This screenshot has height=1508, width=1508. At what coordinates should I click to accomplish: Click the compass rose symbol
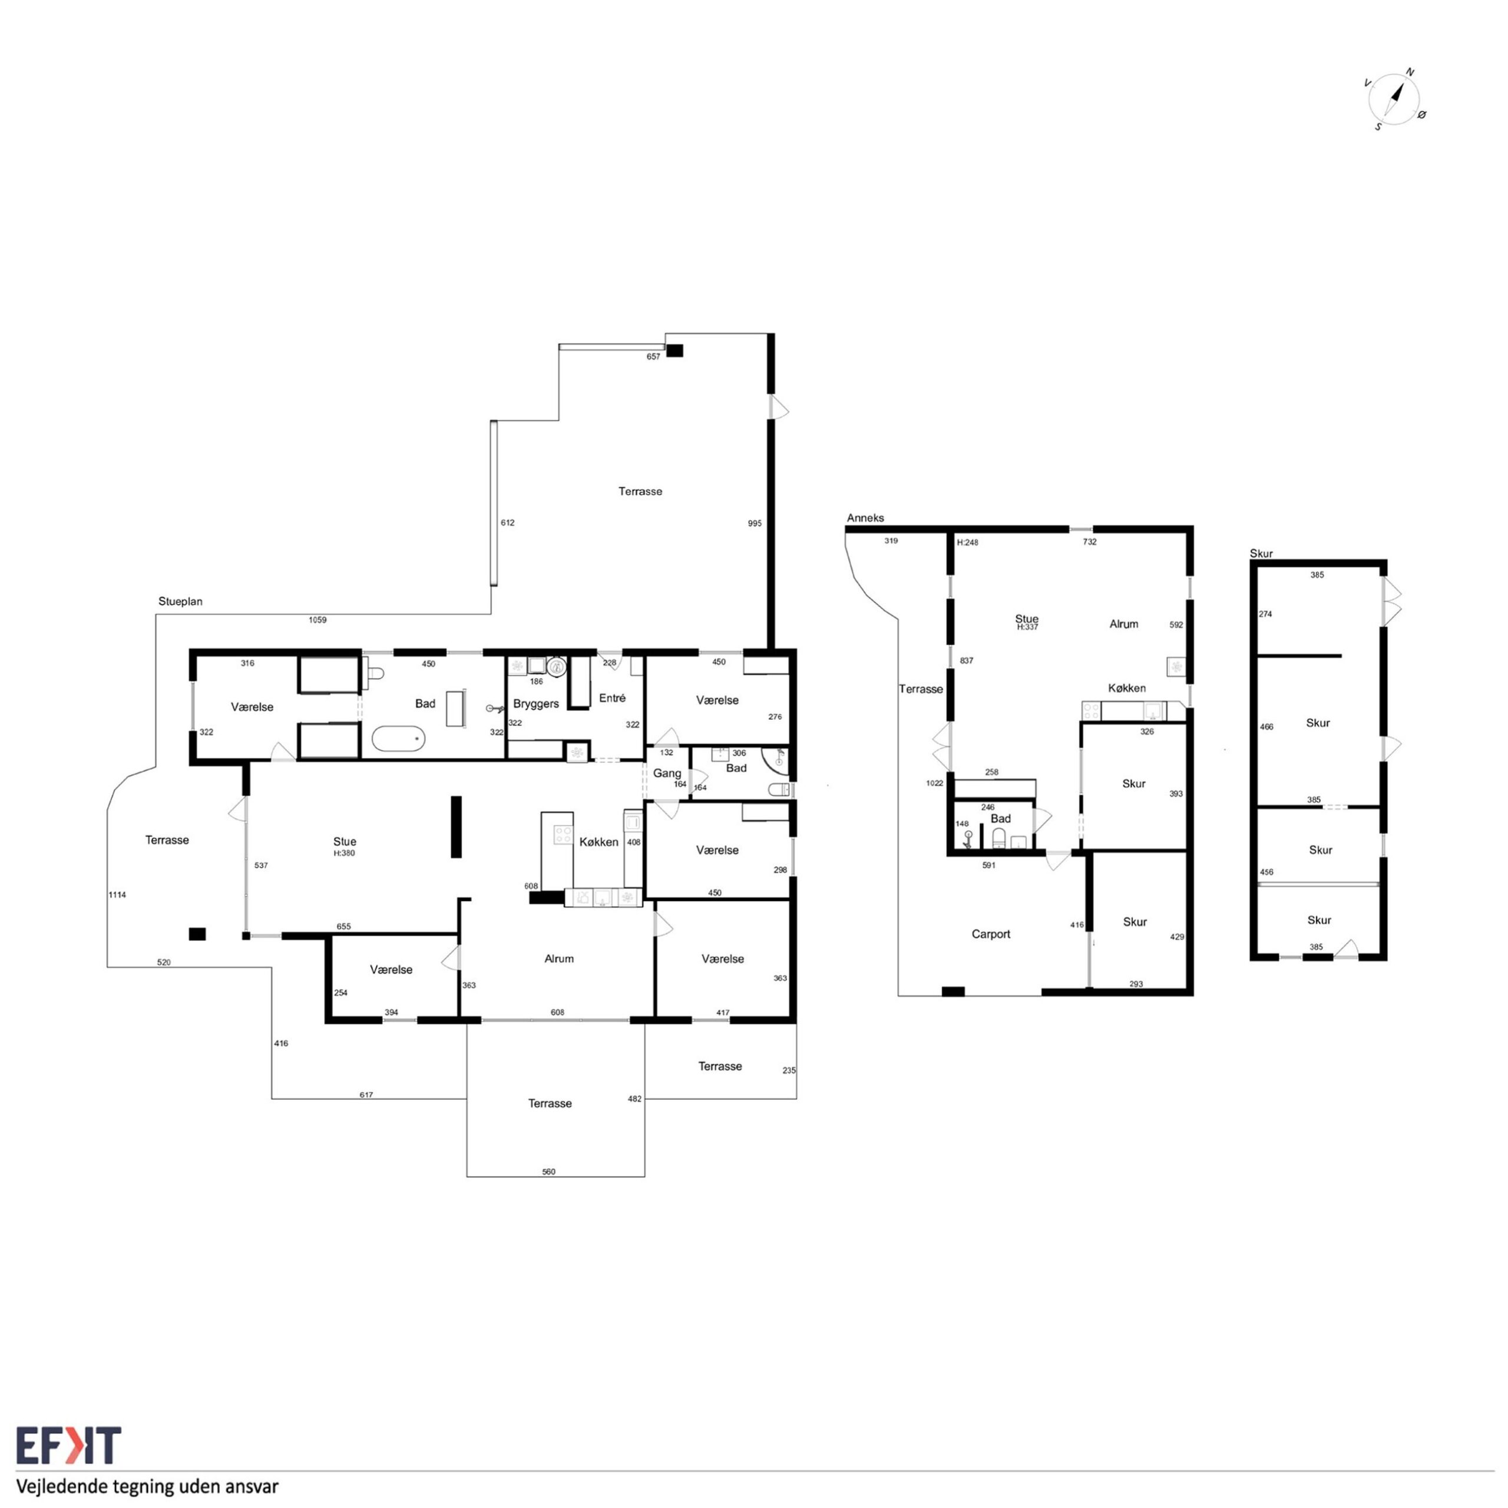tap(1395, 99)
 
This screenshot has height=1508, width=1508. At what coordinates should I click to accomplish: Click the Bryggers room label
tap(535, 703)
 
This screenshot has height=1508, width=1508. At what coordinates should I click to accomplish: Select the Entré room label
tap(612, 698)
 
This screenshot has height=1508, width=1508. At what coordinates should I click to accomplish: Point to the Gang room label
tap(667, 773)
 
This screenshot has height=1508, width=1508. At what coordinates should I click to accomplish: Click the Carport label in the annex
tap(990, 934)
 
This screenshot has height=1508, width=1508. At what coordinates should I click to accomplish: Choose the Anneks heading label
tap(865, 518)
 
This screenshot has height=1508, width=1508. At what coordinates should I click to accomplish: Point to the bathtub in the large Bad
tap(398, 738)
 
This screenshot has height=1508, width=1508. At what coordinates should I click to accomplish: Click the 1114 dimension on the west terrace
tap(117, 895)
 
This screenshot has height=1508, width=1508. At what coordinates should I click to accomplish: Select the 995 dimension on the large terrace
tap(755, 524)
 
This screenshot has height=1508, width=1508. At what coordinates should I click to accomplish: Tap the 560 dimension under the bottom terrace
tap(549, 1172)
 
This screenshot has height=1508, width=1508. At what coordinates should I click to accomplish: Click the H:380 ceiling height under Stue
tap(344, 853)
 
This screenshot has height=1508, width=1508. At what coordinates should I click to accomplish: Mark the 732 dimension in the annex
tap(1090, 542)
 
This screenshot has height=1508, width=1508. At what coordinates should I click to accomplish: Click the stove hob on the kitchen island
tap(562, 834)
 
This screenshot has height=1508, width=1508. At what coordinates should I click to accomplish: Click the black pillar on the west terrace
tap(197, 934)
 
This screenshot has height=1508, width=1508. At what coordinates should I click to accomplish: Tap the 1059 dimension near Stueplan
tap(317, 620)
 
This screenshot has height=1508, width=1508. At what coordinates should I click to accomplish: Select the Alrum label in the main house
tap(559, 958)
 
